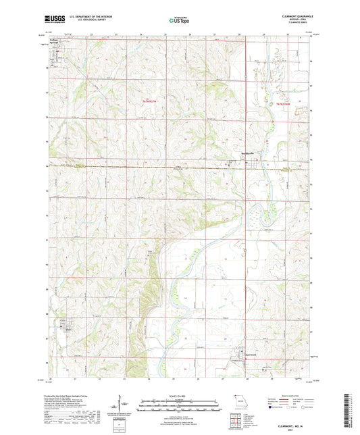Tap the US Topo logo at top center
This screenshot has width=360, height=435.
[x=178, y=21]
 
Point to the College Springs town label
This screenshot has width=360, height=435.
[x=54, y=42]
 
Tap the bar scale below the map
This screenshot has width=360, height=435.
[x=179, y=407]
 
